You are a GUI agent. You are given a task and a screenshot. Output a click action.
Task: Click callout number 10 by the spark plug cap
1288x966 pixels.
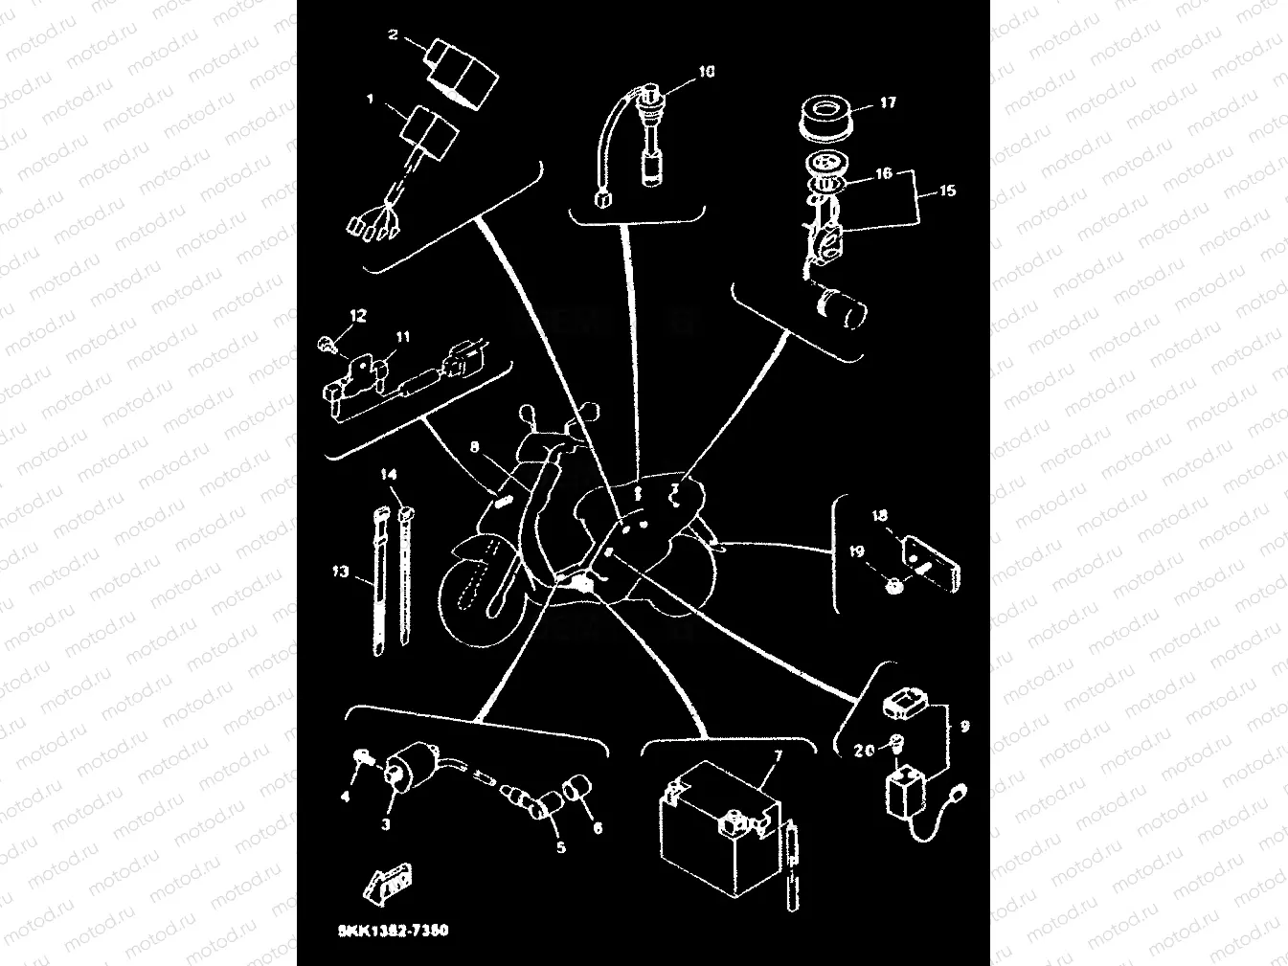click(x=706, y=72)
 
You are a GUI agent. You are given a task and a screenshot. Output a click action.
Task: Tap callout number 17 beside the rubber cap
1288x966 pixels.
click(x=888, y=101)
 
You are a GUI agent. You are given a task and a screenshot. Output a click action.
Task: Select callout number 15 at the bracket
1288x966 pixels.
click(x=947, y=191)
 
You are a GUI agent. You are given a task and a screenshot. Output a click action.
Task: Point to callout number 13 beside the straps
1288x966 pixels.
click(x=341, y=572)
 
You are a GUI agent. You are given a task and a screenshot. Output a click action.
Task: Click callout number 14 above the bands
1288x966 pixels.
click(x=389, y=475)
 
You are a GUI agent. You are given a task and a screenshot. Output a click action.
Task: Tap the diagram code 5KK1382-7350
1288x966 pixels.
click(x=394, y=931)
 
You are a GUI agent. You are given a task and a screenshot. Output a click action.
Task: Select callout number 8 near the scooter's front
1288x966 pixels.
click(x=474, y=447)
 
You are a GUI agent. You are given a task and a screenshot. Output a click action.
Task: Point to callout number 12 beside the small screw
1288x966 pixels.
click(x=357, y=315)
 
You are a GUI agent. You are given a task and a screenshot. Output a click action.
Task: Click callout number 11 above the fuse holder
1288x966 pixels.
click(x=403, y=337)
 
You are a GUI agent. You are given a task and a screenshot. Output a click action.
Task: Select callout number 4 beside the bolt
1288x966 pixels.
click(x=346, y=796)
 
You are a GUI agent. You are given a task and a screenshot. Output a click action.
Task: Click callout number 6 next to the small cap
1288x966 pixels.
click(x=598, y=828)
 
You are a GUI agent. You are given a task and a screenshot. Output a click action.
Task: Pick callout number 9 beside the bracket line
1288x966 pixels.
click(x=964, y=727)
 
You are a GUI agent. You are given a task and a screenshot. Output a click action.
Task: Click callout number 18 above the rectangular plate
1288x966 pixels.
click(x=880, y=516)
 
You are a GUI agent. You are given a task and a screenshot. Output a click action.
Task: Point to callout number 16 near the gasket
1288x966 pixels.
click(x=884, y=173)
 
